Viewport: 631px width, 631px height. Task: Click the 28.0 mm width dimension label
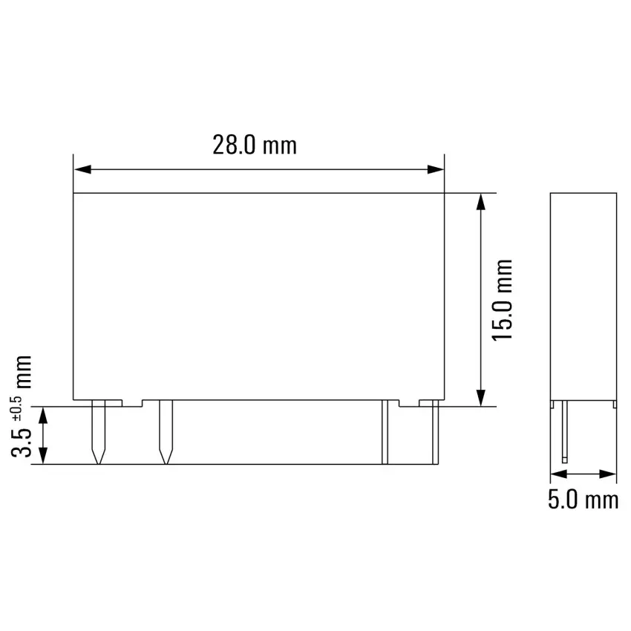(255, 146)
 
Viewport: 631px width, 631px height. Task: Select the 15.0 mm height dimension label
(503, 300)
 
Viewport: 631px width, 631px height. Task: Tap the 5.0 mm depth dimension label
(583, 500)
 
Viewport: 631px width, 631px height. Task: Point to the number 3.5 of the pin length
(21, 443)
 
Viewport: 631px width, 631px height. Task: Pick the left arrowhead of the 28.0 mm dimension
(82, 169)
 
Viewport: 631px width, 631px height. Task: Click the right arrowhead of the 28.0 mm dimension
(435, 169)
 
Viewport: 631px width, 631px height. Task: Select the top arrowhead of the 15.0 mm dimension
(480, 202)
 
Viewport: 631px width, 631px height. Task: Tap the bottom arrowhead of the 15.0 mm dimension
(480, 398)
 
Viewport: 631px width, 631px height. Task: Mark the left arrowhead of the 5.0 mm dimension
(558, 474)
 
